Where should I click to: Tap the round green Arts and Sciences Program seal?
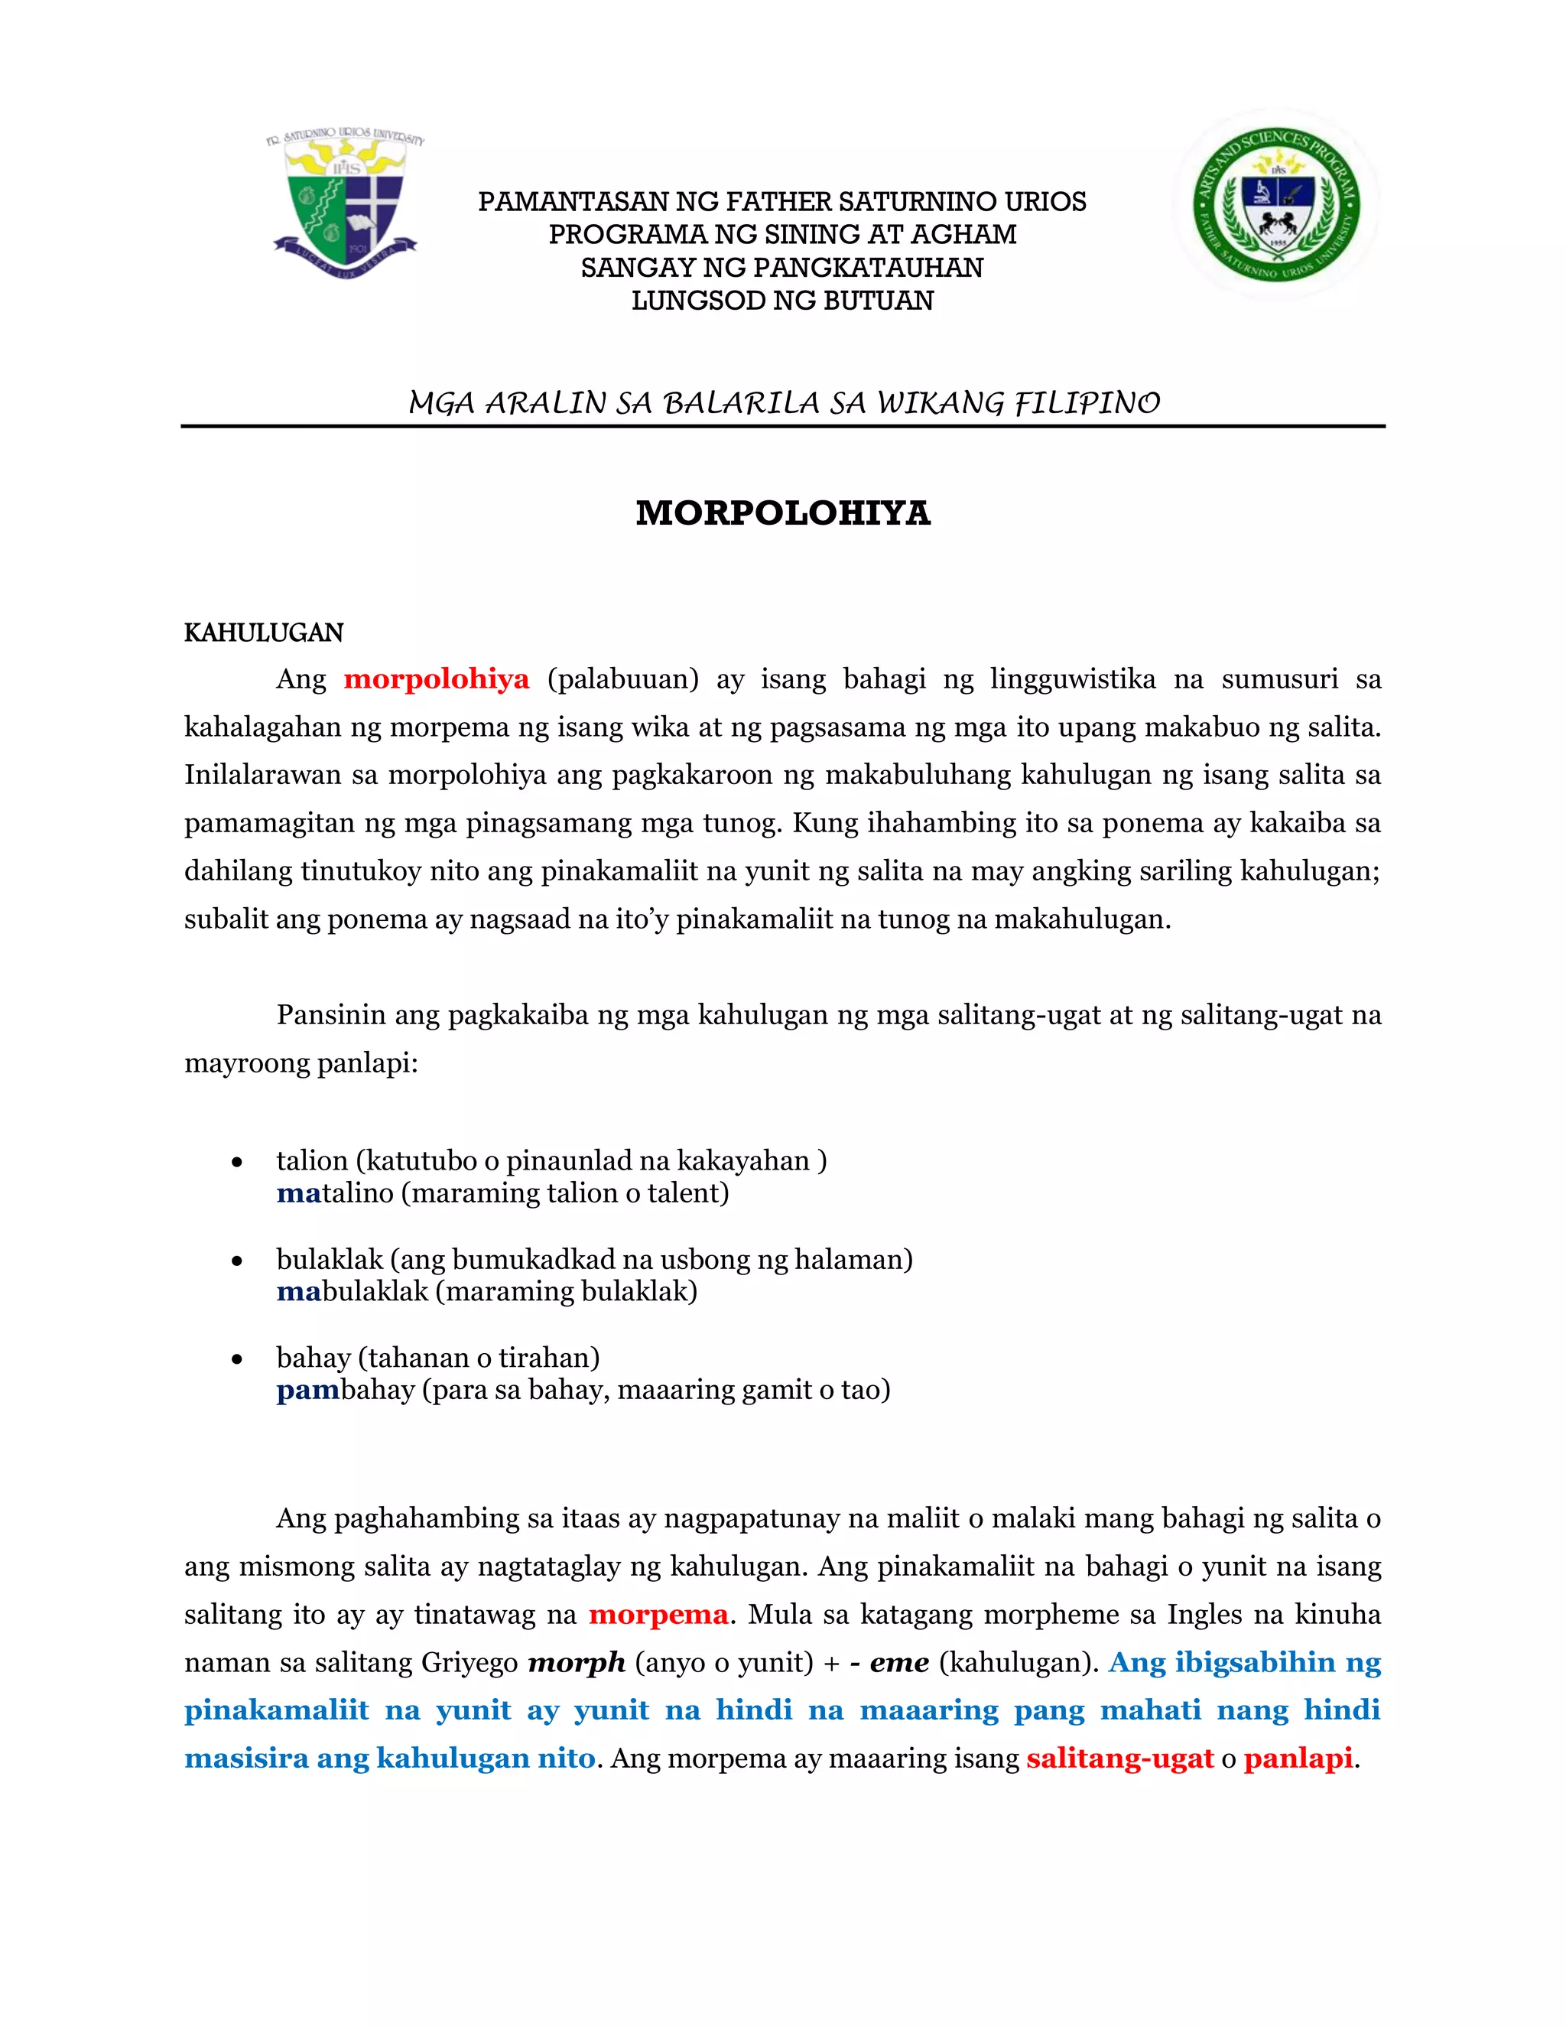pyautogui.click(x=1276, y=204)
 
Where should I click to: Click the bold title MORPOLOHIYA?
pyautogui.click(x=782, y=513)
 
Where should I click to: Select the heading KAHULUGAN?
pyautogui.click(x=264, y=633)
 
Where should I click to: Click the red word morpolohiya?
pyautogui.click(x=436, y=679)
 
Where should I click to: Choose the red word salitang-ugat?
pyautogui.click(x=1119, y=1758)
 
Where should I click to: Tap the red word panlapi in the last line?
pyautogui.click(x=1298, y=1758)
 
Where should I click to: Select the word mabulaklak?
pyautogui.click(x=353, y=1291)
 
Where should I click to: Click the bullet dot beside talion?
pyautogui.click(x=238, y=1162)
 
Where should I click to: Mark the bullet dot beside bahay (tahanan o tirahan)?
pyautogui.click(x=238, y=1358)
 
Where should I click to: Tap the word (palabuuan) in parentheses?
pyautogui.click(x=622, y=679)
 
